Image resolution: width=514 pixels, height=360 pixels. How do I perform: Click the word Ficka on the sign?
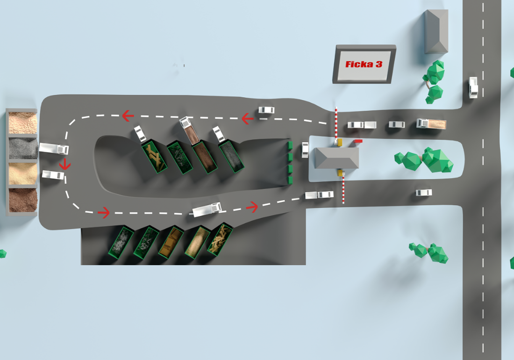tap(359, 64)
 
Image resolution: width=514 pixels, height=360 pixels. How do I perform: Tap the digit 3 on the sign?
tap(379, 64)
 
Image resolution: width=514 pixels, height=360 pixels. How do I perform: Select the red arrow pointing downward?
tap(65, 164)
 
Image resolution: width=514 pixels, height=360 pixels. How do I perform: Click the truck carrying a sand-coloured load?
tap(431, 123)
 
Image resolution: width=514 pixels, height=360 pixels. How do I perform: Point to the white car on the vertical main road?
tap(473, 87)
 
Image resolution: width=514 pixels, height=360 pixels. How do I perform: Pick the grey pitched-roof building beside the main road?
tap(436, 31)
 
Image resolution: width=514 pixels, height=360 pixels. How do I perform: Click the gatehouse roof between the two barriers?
tap(336, 158)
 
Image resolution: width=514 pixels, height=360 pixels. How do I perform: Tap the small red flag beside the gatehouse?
tap(358, 141)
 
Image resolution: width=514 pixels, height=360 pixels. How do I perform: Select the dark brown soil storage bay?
tap(22, 200)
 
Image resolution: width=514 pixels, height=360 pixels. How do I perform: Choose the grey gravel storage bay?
tap(22, 148)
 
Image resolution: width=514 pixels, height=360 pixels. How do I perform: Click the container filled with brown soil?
tap(205, 157)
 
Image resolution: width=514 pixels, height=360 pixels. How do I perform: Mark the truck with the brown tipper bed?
tap(190, 130)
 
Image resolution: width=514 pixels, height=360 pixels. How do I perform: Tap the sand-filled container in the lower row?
tap(197, 242)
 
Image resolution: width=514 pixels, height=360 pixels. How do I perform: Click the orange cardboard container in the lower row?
tap(171, 242)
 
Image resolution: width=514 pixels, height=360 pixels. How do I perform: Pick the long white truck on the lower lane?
tap(207, 209)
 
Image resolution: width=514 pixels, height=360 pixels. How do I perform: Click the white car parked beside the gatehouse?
tap(305, 150)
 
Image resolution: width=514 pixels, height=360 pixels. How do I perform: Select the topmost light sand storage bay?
tap(22, 122)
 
